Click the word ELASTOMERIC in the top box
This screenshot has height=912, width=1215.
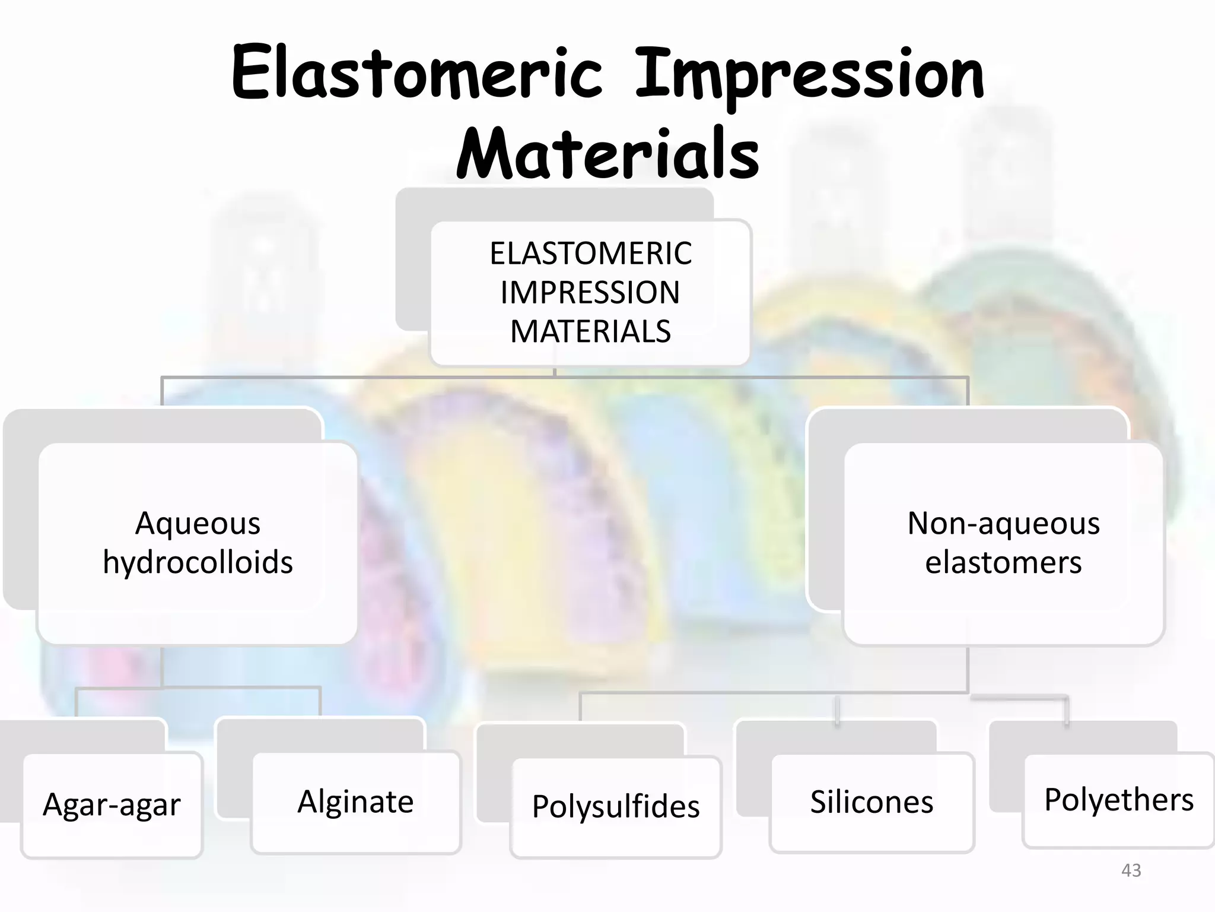(x=590, y=254)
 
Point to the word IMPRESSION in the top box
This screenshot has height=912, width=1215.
(x=590, y=293)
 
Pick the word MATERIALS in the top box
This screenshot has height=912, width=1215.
(x=590, y=331)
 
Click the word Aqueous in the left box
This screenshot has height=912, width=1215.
(x=198, y=524)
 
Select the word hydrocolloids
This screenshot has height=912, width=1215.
(x=198, y=562)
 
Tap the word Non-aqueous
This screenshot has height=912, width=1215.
(x=1003, y=524)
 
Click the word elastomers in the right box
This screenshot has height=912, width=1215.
(x=1003, y=562)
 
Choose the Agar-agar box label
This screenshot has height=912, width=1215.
(x=112, y=805)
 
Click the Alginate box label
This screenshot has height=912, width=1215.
(x=355, y=802)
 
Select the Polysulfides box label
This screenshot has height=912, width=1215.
(x=616, y=806)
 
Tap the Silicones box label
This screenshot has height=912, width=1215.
(x=872, y=802)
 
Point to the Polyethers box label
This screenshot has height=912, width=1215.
(x=1118, y=800)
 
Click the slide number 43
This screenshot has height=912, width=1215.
(x=1131, y=870)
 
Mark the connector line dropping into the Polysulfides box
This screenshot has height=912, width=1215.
(x=580, y=708)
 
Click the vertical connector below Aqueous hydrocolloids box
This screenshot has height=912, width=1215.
(x=162, y=666)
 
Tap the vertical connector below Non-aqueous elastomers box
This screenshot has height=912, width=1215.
(x=968, y=669)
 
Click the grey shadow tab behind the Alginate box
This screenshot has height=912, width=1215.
(x=320, y=735)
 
